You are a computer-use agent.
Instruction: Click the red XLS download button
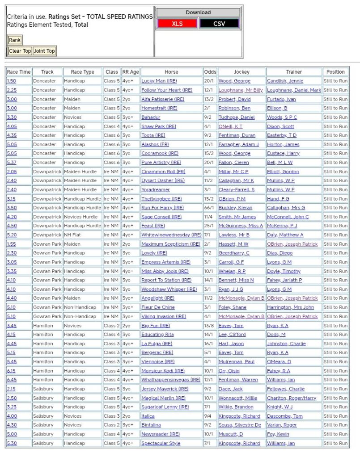(177, 24)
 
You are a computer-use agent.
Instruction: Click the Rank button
(15, 40)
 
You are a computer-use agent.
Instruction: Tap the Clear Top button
(20, 51)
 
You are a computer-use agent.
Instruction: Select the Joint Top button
(44, 51)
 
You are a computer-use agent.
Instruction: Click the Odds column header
(210, 72)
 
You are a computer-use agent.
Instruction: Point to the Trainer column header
(294, 72)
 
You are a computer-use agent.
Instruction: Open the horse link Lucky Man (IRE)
(159, 81)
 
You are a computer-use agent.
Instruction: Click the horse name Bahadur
(151, 117)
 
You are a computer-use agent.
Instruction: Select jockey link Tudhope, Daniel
(236, 117)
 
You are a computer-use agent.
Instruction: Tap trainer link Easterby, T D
(282, 135)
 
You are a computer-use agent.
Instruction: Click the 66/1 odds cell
(209, 208)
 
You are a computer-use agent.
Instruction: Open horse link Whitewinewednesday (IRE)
(171, 235)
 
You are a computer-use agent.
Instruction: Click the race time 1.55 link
(12, 244)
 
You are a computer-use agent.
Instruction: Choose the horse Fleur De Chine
(158, 307)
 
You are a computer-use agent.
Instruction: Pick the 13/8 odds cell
(209, 326)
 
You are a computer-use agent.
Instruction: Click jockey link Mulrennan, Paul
(236, 362)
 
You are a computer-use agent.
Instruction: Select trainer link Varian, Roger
(282, 425)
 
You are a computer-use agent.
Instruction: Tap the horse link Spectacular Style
(161, 443)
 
